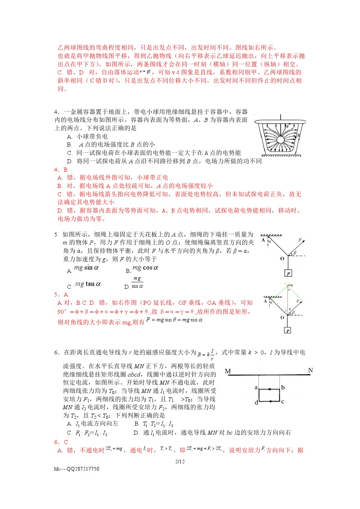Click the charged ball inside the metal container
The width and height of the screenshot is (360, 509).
click(x=280, y=140)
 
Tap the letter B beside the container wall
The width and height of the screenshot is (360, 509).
click(x=299, y=135)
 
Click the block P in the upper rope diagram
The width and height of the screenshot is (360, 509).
click(x=288, y=273)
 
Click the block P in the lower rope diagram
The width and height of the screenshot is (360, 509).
click(x=288, y=331)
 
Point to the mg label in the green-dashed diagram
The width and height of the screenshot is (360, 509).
click(x=290, y=285)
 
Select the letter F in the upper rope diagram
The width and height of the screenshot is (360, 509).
click(x=300, y=240)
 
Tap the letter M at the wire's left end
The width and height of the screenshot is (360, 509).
click(x=228, y=371)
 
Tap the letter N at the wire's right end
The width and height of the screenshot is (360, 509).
click(x=310, y=370)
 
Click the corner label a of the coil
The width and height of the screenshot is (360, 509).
click(x=256, y=387)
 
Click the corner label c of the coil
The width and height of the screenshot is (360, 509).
click(x=282, y=401)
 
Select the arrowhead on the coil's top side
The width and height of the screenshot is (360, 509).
click(x=270, y=389)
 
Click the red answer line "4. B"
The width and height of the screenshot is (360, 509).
click(x=61, y=169)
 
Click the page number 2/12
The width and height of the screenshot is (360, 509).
click(x=180, y=461)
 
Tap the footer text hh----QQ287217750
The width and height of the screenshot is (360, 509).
click(x=77, y=469)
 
